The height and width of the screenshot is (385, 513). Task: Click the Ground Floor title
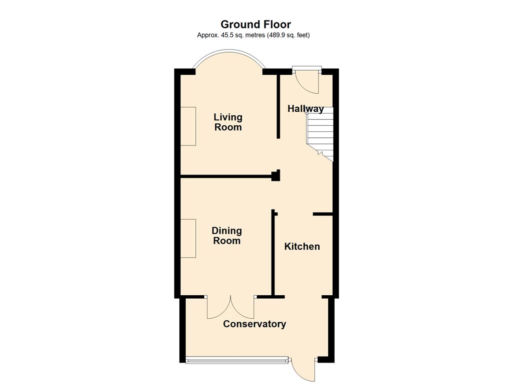tap(255, 24)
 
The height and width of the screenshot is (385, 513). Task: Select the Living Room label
tap(228, 122)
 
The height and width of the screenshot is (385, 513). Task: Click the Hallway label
tap(306, 109)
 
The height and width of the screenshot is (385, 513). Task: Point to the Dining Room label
tap(227, 236)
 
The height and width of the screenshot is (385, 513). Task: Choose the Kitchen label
tap(302, 247)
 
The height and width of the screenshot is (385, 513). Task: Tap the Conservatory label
tap(254, 324)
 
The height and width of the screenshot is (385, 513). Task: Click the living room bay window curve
tap(228, 50)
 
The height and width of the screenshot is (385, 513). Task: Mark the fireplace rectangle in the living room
tap(188, 126)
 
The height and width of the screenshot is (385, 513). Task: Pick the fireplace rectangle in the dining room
tap(188, 238)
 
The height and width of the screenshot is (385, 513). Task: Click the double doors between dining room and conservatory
tap(230, 307)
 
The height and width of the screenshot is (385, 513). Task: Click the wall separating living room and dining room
tap(229, 177)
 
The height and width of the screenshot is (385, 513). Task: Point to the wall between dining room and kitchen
tap(273, 253)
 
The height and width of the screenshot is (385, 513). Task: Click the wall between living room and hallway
tap(279, 106)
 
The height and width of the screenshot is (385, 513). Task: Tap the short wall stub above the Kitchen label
tap(323, 215)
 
